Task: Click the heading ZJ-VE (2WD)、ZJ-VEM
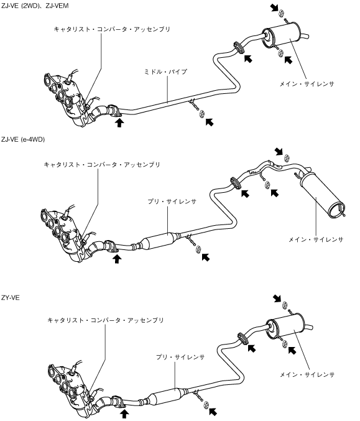coord(35,6)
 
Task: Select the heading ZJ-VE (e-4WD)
coord(23,139)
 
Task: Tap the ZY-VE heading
coord(10,298)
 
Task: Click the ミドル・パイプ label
coord(165,72)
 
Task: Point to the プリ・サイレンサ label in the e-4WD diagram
coord(172,201)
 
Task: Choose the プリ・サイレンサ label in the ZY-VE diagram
coord(180,357)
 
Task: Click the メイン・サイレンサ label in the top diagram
coord(307,84)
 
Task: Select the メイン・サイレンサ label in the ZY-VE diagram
coord(307,374)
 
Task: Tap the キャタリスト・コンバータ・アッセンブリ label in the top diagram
coord(112,29)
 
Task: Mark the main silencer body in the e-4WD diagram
coord(322,194)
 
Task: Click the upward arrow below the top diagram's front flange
coord(119,123)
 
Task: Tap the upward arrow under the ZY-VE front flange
coord(124,414)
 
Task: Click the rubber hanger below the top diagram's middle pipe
coord(201,114)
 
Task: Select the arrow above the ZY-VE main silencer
coord(277,298)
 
